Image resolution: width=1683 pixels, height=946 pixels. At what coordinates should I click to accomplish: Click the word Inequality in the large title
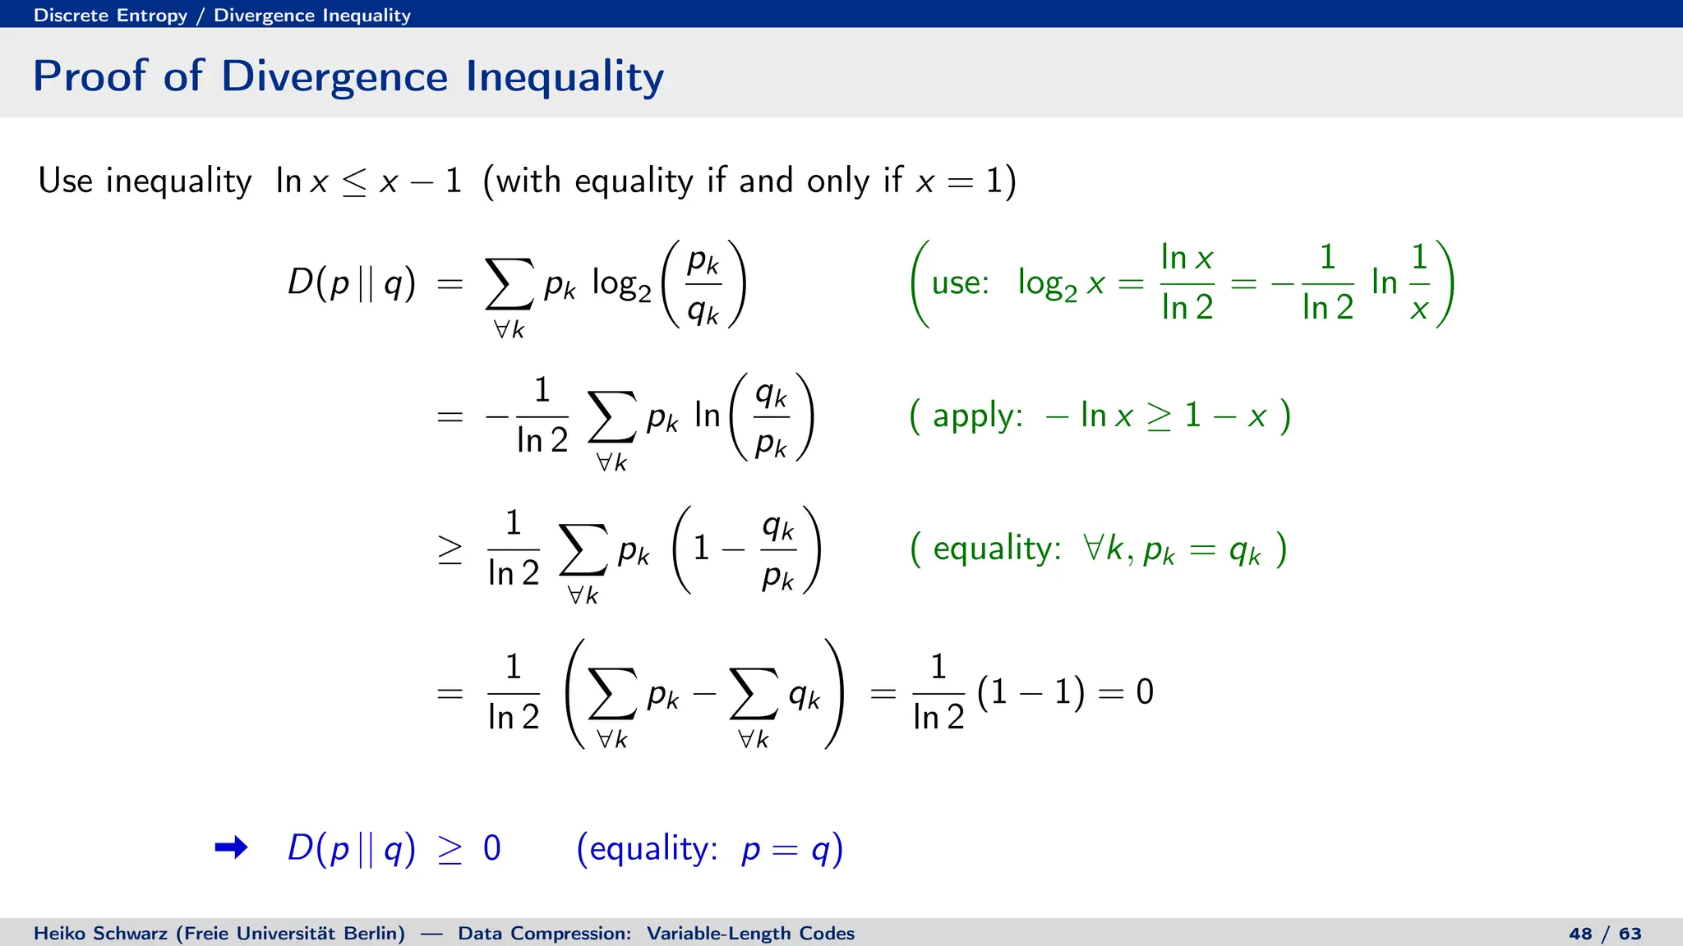click(565, 76)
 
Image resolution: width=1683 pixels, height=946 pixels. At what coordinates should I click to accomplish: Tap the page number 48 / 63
click(1605, 934)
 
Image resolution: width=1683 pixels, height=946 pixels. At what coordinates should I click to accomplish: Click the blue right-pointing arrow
click(231, 847)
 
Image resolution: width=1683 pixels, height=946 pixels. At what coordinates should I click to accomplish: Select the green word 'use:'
click(960, 283)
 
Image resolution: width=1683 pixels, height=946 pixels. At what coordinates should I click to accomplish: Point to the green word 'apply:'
click(977, 416)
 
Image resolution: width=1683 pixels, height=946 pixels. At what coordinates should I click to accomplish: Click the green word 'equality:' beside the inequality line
click(997, 549)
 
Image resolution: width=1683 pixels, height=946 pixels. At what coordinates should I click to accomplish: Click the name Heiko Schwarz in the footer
click(100, 934)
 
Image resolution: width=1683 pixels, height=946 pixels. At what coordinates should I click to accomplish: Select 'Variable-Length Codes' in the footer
click(750, 934)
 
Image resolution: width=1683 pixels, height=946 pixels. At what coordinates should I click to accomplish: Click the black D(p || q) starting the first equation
click(351, 283)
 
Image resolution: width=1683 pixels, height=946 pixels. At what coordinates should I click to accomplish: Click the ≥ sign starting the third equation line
click(450, 550)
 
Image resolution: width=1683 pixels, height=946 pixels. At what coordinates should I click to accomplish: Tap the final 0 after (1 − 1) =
click(1145, 692)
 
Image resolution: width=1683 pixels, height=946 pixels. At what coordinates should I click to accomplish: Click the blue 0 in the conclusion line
click(491, 848)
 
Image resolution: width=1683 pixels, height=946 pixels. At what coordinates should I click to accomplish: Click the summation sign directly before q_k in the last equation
click(753, 695)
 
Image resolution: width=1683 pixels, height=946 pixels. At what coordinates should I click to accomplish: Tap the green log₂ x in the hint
click(1060, 284)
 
